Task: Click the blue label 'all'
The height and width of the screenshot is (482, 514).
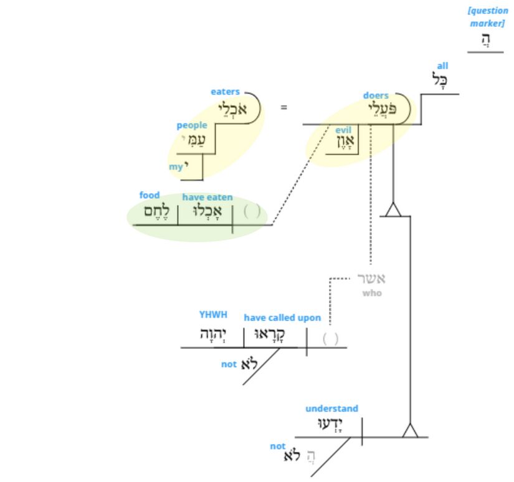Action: point(442,65)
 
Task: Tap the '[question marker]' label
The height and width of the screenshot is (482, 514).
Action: point(488,17)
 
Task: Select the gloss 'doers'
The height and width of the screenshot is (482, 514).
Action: point(376,95)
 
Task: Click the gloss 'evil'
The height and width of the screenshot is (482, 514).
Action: point(343,130)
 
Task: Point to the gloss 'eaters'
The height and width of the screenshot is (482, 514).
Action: point(225,92)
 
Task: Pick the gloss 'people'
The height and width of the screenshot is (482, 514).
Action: point(191,125)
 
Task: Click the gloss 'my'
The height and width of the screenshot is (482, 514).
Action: point(176,166)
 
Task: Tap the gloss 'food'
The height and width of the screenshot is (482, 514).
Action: point(150,195)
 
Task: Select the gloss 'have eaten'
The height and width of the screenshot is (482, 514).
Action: point(207,197)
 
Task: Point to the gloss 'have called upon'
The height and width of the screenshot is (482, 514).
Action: point(282,317)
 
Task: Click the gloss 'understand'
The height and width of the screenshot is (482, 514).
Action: point(331,408)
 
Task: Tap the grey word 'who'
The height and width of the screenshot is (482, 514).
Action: point(372,292)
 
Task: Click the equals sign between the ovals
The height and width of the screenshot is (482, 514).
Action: point(284,107)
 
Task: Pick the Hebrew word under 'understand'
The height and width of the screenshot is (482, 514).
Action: point(331,425)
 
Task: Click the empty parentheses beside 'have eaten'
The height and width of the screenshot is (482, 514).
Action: point(252,211)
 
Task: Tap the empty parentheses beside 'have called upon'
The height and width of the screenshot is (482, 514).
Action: point(331,339)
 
